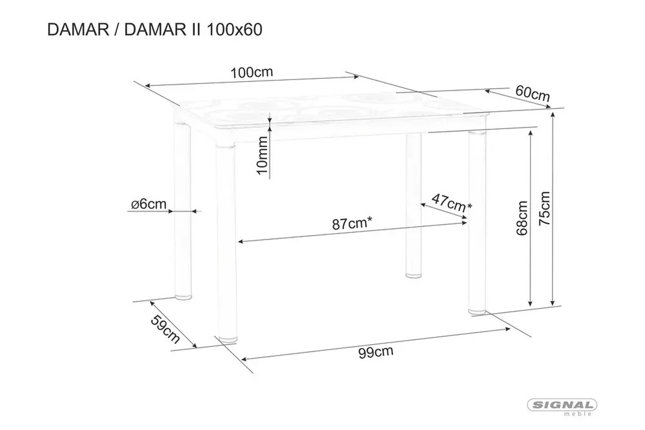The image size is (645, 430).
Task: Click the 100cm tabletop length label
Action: [252, 73]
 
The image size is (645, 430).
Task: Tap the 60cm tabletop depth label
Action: [532, 93]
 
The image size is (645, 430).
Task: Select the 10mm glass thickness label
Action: [263, 155]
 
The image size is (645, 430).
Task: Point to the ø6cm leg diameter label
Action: [149, 204]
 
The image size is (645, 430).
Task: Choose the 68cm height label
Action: [522, 218]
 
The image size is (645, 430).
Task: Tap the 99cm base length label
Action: [376, 352]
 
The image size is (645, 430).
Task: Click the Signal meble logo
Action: [562, 407]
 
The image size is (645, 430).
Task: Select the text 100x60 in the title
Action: [234, 30]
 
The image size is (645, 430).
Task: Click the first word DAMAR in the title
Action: [78, 30]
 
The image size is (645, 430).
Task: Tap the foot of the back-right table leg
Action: [414, 275]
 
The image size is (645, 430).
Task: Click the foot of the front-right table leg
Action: [477, 311]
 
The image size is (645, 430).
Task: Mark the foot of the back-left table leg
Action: [183, 296]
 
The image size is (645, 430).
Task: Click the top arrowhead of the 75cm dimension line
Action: [553, 115]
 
